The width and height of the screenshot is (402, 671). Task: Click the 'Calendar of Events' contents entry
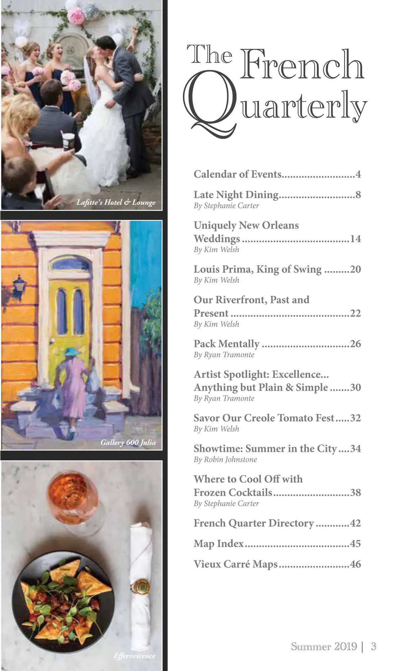[238, 174]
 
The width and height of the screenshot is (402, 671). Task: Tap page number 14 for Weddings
[355, 239]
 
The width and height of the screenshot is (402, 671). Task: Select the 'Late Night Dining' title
[236, 195]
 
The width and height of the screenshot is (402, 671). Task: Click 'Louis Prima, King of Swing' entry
[257, 269]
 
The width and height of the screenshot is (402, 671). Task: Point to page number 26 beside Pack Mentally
[355, 344]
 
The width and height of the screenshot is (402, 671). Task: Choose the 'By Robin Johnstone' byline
[225, 460]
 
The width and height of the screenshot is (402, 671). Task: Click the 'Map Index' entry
[218, 544]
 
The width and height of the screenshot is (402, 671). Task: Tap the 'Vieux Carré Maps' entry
[236, 564]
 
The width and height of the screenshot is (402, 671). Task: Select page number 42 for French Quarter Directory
[355, 523]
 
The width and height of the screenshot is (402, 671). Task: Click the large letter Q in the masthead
[209, 104]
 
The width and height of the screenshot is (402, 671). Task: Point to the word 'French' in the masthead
[302, 65]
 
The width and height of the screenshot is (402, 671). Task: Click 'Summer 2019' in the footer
[324, 647]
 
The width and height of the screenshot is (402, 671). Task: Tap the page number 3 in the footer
[374, 647]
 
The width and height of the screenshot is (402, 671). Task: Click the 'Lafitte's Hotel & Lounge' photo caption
[116, 202]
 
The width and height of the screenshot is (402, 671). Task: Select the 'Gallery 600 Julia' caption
[128, 443]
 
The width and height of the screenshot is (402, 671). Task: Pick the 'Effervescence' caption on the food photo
[134, 656]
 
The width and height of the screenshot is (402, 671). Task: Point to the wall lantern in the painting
[19, 286]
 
